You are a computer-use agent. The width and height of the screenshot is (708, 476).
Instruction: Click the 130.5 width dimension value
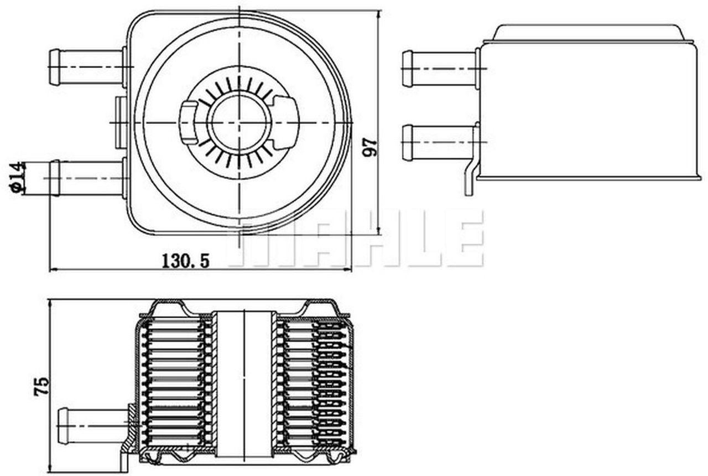(185, 260)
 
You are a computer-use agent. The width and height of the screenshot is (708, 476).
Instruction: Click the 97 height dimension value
(371, 147)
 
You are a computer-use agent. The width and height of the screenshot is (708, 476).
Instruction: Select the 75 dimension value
(41, 386)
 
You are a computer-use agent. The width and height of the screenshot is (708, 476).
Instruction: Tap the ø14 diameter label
(17, 177)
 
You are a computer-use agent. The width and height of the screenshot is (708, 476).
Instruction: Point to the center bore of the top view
(239, 122)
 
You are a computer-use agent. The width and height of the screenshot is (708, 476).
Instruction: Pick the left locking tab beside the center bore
(190, 122)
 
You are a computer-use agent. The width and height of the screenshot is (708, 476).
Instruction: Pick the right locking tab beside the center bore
(286, 122)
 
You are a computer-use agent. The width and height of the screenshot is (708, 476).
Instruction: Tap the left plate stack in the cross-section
(174, 382)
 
